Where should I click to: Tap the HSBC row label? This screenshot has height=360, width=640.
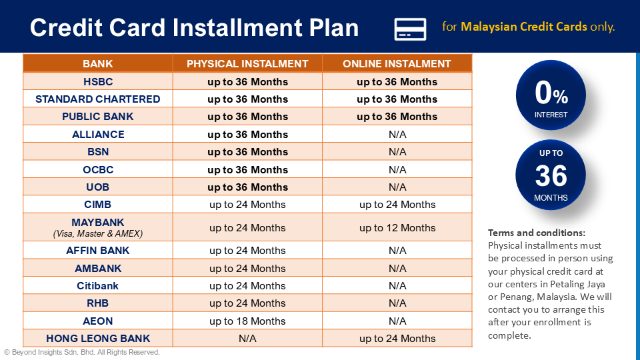pos(98,82)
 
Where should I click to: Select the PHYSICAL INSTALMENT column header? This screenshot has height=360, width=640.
pos(247,64)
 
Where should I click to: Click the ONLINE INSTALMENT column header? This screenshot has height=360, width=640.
pos(397,64)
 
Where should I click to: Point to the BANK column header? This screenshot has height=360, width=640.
pos(98,64)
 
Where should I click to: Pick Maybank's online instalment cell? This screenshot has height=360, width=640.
pos(397,228)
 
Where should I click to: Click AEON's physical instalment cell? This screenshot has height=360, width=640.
pos(247,321)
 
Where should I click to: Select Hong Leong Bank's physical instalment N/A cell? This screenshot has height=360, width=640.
pos(247,339)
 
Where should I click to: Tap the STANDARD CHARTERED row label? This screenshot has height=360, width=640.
pos(98,99)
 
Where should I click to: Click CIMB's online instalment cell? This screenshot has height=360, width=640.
pos(397,205)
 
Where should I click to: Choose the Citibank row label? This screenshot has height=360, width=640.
pos(98,286)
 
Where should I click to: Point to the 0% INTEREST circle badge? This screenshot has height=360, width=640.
pos(551,95)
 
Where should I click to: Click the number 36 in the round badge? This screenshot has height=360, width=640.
pos(551,177)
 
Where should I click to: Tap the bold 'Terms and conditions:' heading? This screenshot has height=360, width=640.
pos(537,233)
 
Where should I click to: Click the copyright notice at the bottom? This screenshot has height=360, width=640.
pos(82,352)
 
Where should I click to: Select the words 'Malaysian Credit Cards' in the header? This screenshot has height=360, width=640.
pos(524,27)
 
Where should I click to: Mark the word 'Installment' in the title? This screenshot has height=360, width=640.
pos(246,28)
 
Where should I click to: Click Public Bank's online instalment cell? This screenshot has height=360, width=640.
pos(397,117)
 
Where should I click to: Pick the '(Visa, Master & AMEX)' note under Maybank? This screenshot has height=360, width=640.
pos(98,234)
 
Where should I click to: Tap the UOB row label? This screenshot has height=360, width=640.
pos(98,187)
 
